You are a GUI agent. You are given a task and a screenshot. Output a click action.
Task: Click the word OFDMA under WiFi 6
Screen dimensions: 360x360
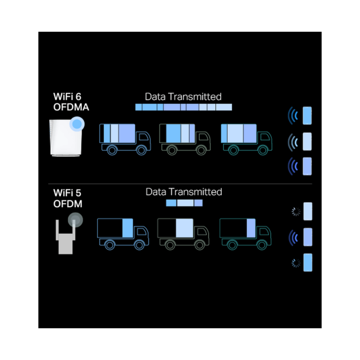click(71, 107)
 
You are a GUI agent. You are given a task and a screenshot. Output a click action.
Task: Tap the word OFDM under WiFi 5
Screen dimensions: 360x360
click(68, 204)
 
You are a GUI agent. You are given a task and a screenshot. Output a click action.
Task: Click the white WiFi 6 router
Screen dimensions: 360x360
click(66, 138)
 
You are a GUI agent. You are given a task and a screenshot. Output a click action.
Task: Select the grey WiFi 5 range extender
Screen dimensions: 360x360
click(66, 237)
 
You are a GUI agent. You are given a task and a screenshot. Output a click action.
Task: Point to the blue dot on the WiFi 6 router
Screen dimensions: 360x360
click(77, 124)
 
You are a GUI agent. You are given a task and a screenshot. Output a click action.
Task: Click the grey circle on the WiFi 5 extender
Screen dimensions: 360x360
click(75, 220)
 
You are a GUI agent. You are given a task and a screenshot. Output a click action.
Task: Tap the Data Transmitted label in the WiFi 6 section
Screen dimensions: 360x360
click(183, 97)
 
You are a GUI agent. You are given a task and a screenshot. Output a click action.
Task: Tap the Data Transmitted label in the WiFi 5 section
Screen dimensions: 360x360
click(184, 192)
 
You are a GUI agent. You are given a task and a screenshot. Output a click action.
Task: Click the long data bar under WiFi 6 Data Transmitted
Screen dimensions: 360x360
click(184, 107)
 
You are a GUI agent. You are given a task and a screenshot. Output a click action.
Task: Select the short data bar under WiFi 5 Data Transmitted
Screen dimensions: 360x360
click(184, 203)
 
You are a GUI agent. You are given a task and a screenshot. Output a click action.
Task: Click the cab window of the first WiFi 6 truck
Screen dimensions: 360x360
click(144, 137)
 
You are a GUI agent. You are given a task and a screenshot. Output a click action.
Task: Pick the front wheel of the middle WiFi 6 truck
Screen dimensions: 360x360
click(201, 150)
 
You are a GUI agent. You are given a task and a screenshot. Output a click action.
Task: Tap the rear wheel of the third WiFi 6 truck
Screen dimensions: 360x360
click(233, 150)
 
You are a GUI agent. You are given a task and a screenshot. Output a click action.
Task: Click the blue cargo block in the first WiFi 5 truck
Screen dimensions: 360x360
click(128, 228)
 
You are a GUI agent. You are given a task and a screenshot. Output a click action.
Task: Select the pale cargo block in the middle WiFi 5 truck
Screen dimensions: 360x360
click(185, 228)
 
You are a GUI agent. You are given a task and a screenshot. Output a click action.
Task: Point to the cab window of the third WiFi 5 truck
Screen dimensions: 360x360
click(264, 232)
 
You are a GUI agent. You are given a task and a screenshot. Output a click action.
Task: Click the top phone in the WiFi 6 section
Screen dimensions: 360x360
click(307, 116)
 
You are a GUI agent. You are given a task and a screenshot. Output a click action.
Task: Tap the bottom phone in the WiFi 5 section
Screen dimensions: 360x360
click(308, 262)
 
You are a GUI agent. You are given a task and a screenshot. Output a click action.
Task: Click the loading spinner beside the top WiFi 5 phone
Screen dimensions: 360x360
click(296, 211)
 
